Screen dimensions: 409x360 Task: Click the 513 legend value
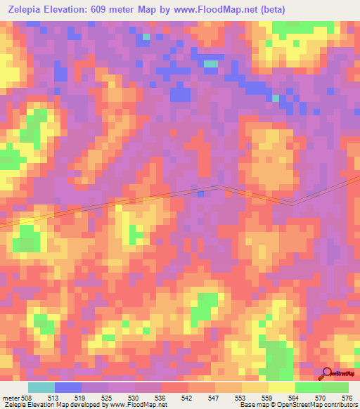pos(54,397)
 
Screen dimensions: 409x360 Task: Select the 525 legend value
pos(108,397)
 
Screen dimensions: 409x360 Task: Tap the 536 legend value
pos(161,397)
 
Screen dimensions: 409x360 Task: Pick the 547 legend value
pos(214,397)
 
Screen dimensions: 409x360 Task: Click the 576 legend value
pos(347,397)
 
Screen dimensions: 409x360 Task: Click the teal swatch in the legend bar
pos(41,387)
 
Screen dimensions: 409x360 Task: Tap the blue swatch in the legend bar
pos(68,387)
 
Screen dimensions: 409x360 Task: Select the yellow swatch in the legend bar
pos(282,387)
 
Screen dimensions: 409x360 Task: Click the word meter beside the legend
pos(10,397)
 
